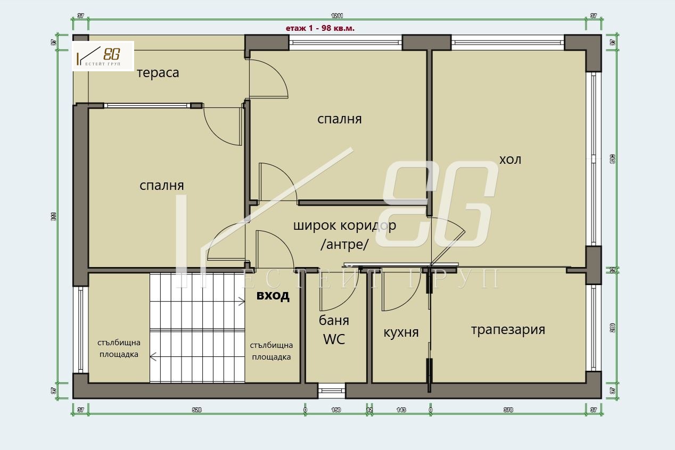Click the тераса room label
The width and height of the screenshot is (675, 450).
pyautogui.click(x=158, y=73)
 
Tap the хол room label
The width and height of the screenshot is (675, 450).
pyautogui.click(x=510, y=159)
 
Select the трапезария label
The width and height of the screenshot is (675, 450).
pyautogui.click(x=508, y=329)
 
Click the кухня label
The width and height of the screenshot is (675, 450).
pyautogui.click(x=401, y=332)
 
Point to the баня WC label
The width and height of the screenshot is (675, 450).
pyautogui.click(x=334, y=330)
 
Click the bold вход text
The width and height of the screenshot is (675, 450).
pyautogui.click(x=273, y=296)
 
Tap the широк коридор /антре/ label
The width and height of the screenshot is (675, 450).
pyautogui.click(x=344, y=235)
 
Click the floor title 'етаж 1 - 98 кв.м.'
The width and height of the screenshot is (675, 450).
pyautogui.click(x=320, y=28)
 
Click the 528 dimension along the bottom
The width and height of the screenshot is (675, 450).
pyautogui.click(x=196, y=410)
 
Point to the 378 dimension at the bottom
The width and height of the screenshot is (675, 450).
pyautogui.click(x=508, y=410)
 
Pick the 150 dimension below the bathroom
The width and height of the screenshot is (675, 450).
pyautogui.click(x=336, y=410)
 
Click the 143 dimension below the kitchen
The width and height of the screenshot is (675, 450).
pyautogui.click(x=401, y=410)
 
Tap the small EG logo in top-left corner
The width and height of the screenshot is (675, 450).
pyautogui.click(x=103, y=56)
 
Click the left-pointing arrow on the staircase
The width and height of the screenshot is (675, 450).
pyautogui.click(x=153, y=357)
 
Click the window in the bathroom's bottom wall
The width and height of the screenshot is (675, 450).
pyautogui.click(x=332, y=391)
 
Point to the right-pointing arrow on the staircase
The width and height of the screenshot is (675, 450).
pyautogui.click(x=241, y=302)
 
